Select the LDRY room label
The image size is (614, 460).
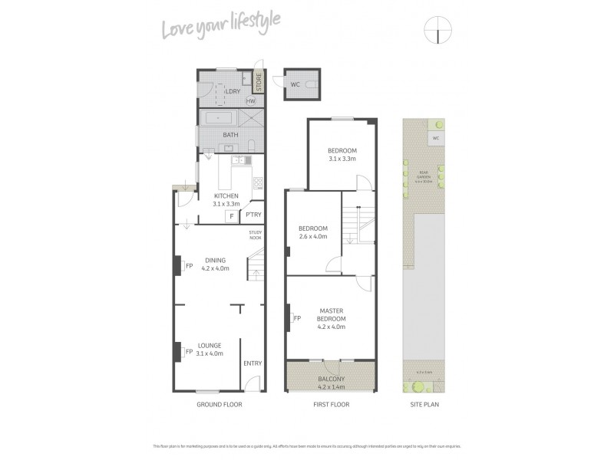(233, 91)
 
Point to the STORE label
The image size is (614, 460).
(259, 81)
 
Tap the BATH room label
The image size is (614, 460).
(230, 135)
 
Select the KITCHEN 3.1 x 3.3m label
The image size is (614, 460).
(227, 200)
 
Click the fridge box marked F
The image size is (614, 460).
(230, 216)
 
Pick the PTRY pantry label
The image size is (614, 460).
(253, 215)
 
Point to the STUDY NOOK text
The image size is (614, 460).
(256, 235)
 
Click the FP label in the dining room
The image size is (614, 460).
(189, 266)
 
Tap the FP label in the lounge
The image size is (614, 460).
(189, 352)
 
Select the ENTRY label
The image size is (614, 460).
(252, 363)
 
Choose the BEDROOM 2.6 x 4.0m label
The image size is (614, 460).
(312, 232)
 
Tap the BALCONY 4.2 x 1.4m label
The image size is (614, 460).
(332, 383)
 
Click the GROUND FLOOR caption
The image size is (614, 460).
(220, 404)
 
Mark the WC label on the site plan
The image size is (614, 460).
(435, 139)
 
